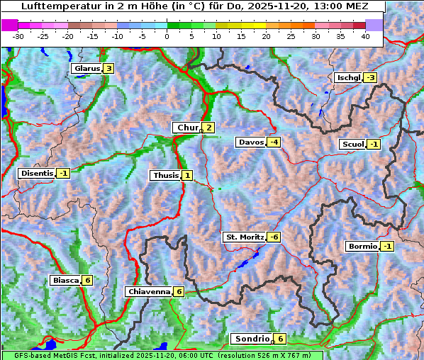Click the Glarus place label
coord(86,69)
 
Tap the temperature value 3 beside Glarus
coord(108,69)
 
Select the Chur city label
coord(187,128)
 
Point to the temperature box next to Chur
coord(209,128)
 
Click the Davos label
coord(250,142)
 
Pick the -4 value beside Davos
coord(274,142)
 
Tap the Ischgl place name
coord(348,77)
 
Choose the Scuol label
coord(352,145)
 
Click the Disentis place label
coord(36,173)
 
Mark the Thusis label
coord(164,175)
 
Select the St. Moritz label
coord(244,237)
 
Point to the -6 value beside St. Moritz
coord(274,237)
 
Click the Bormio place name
coord(362,247)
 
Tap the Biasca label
coord(66,280)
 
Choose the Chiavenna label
coord(148,291)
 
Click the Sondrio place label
coord(252,339)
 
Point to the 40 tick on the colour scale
coord(365,35)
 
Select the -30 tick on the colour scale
coord(18,35)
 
